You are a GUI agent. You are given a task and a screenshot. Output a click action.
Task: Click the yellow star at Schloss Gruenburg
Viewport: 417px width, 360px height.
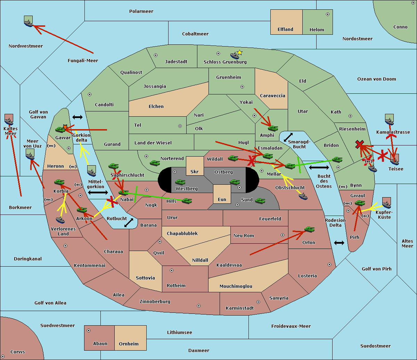[239, 53]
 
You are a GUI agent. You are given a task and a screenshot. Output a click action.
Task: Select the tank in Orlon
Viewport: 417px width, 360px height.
[310, 229]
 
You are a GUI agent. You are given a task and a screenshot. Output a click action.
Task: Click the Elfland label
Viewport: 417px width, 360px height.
[285, 30]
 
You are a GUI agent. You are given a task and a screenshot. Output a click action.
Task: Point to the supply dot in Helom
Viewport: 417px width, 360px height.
[328, 14]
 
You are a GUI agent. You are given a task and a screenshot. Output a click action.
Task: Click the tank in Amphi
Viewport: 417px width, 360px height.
[273, 128]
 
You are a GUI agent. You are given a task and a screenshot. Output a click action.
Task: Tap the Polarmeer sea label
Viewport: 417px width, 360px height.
[141, 11]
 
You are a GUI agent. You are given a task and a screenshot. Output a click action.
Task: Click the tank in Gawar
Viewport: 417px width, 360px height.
[60, 129]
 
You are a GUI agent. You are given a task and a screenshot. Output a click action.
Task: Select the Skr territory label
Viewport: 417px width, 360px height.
[195, 171]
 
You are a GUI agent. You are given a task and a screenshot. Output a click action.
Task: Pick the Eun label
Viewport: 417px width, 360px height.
[222, 199]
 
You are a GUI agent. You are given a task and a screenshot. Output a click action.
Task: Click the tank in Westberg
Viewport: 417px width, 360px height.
[180, 182]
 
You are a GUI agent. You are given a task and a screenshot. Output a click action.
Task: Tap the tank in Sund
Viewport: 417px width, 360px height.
[260, 201]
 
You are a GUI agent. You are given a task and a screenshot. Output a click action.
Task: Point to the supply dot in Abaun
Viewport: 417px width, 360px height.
[89, 330]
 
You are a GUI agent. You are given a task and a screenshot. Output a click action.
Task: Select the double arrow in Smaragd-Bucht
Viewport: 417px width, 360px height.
[288, 137]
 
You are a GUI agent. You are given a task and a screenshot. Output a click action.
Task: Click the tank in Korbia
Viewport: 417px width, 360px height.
[59, 182]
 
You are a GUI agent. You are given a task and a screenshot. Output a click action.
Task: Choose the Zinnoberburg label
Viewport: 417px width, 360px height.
[155, 302]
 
